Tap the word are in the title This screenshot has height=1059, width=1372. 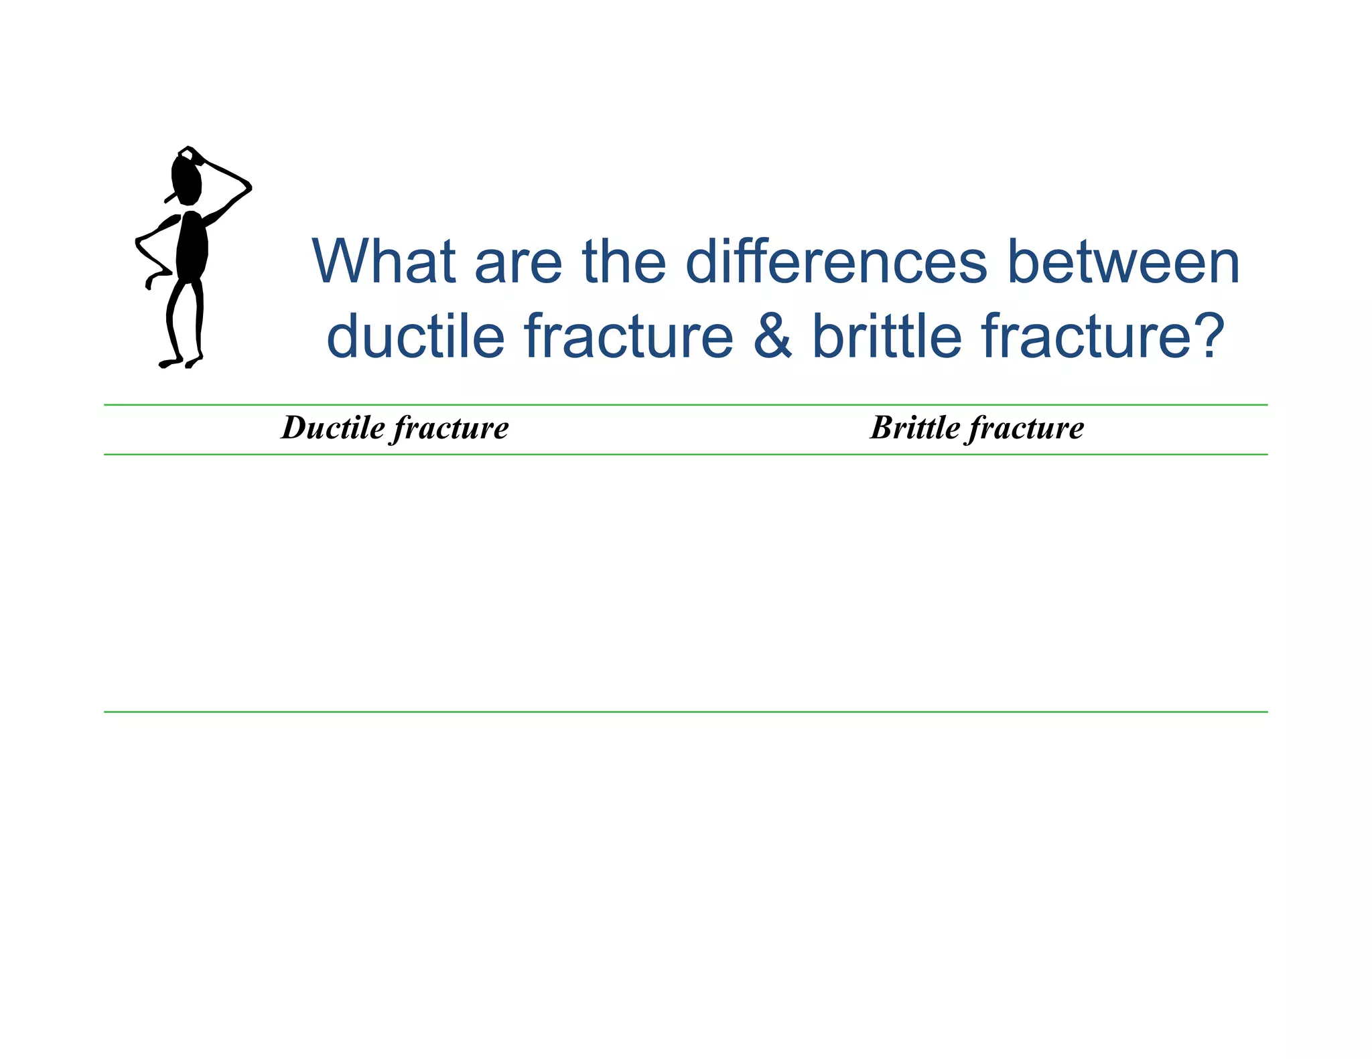pyautogui.click(x=518, y=262)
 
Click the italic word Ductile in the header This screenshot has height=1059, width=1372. pyautogui.click(x=333, y=428)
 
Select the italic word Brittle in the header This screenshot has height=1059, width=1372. pyautogui.click(x=915, y=428)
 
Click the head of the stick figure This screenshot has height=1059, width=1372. pyautogui.click(x=187, y=178)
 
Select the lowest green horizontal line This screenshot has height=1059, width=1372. pyautogui.click(x=685, y=712)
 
